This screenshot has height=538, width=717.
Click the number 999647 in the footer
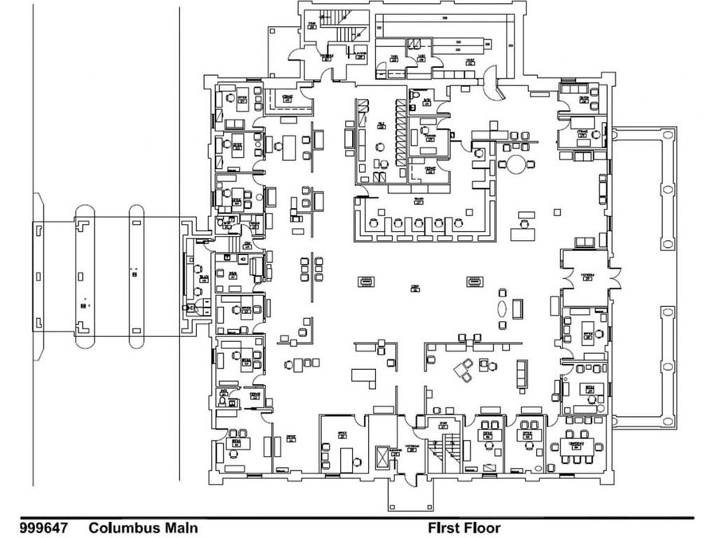(43, 528)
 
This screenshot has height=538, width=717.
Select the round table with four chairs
(518, 165)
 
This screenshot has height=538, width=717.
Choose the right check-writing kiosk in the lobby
(475, 281)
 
